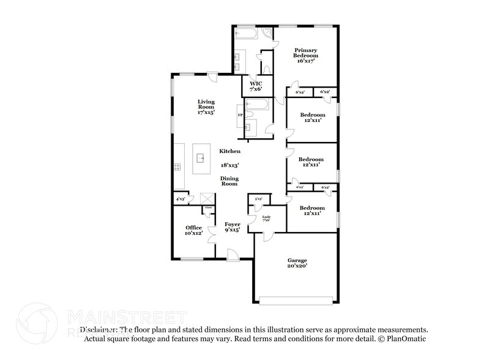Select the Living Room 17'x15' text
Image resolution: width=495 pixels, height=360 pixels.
pyautogui.click(x=206, y=107)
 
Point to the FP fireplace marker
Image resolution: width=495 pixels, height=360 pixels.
pyautogui.click(x=240, y=114)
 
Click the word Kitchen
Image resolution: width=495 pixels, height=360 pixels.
pyautogui.click(x=230, y=151)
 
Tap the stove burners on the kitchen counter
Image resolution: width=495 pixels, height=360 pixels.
pyautogui.click(x=177, y=167)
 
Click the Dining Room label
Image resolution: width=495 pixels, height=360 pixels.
pyautogui.click(x=229, y=181)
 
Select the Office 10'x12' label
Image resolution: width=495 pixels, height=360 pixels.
pyautogui.click(x=194, y=230)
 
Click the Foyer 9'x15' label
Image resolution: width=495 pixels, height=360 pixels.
pyautogui.click(x=232, y=228)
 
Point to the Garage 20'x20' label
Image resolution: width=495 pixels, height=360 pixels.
pyautogui.click(x=297, y=263)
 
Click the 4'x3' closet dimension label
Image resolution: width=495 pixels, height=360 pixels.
pyautogui.click(x=181, y=199)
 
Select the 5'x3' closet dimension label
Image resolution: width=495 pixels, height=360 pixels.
pyautogui.click(x=258, y=199)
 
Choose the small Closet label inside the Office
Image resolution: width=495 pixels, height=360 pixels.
pyautogui.click(x=208, y=208)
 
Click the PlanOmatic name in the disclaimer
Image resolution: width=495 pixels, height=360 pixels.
pyautogui.click(x=405, y=338)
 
